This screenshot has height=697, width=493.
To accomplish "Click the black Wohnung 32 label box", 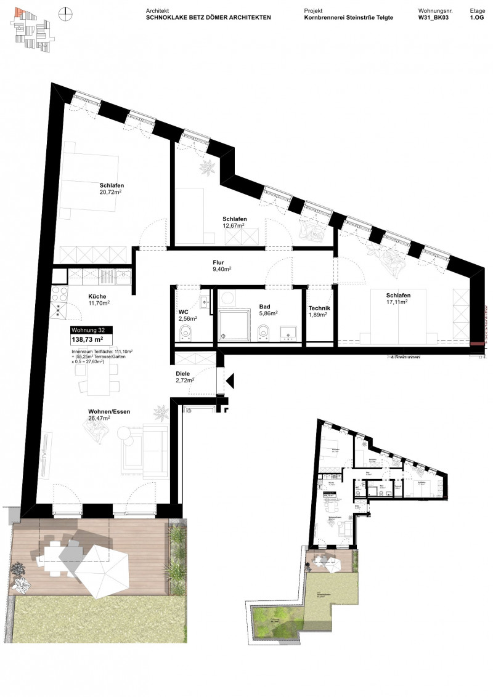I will (x=92, y=329).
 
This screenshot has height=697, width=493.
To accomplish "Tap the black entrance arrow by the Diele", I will (x=229, y=382).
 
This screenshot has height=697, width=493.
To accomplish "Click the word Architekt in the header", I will (x=158, y=11).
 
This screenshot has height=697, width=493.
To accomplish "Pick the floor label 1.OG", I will (x=478, y=18).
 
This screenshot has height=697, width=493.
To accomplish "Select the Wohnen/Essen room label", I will (x=109, y=411).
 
